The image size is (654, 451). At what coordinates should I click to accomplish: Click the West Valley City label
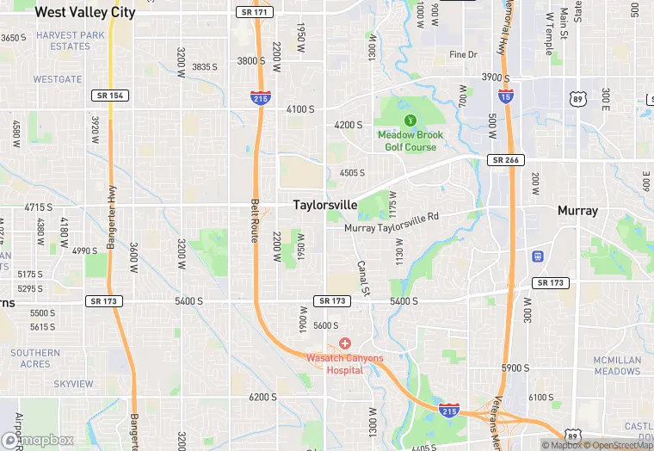[x=85, y=13]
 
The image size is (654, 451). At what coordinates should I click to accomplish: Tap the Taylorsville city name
[x=324, y=205]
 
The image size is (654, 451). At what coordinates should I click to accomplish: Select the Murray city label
[x=577, y=210]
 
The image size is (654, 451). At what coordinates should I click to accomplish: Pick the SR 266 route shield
[x=507, y=160]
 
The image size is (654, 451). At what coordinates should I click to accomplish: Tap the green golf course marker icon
[x=410, y=120]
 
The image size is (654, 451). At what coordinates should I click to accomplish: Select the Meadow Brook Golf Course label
[x=410, y=141]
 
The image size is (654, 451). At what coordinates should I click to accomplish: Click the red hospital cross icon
[x=344, y=343]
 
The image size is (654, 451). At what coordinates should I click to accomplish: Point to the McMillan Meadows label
[x=617, y=366]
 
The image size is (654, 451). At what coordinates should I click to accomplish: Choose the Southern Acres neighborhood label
[x=35, y=358]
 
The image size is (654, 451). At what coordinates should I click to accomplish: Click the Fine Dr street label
[x=463, y=55]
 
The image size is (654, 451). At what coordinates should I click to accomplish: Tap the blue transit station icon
[x=538, y=256]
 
